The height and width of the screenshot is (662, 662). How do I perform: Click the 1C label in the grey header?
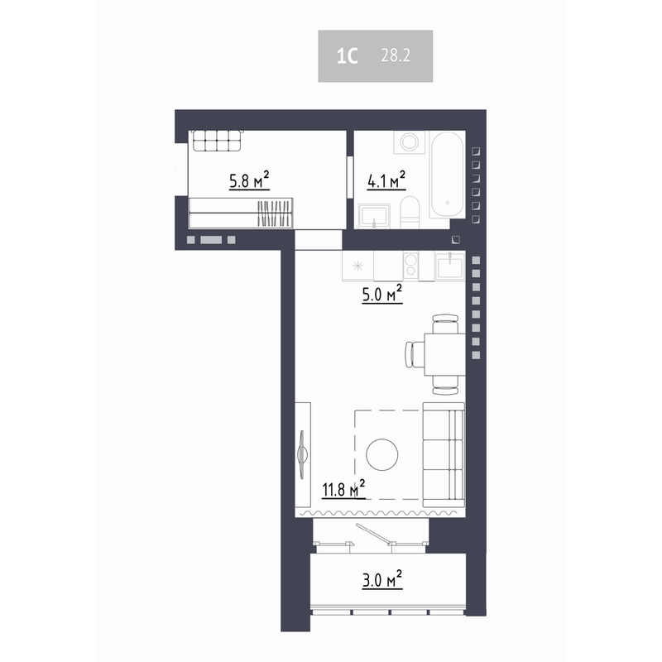point(347,55)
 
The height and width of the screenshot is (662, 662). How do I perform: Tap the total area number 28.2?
point(396,55)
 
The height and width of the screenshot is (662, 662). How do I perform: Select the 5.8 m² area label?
point(249,180)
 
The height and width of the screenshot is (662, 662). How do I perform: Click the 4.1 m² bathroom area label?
point(386,180)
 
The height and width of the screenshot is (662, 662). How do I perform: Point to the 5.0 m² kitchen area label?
point(382,294)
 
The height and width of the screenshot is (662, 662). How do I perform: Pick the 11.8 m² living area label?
point(343,489)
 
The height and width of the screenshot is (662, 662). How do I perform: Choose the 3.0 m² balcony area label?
point(382,579)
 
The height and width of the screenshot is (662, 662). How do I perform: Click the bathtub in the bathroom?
point(447,175)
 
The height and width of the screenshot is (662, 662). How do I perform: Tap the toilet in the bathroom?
point(409,212)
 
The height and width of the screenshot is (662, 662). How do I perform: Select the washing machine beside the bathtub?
point(409,142)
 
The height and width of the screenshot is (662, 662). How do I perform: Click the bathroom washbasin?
point(375,216)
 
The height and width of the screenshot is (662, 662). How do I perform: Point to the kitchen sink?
point(449,266)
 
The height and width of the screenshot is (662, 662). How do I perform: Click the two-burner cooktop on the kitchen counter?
point(410,266)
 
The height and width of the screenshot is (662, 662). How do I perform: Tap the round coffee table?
point(382,454)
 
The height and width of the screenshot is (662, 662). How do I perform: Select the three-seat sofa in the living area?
point(444,454)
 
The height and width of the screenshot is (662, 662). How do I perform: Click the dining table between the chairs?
point(445,354)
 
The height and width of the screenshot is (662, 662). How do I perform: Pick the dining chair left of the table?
point(415,354)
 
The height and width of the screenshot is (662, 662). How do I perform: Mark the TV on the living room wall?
point(302,454)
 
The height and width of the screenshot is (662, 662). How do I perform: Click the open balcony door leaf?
point(373,533)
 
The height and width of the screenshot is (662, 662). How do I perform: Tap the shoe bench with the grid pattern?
point(217,141)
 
